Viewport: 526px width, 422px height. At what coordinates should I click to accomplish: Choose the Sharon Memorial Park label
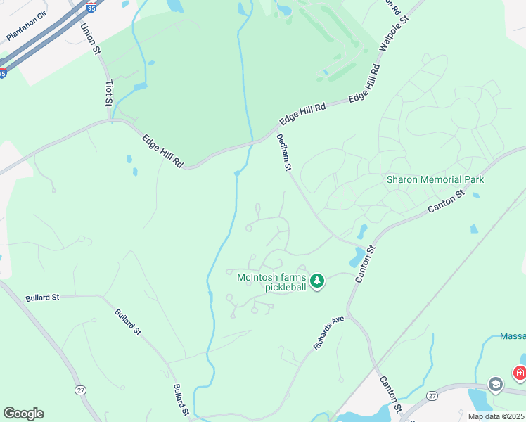click(435, 179)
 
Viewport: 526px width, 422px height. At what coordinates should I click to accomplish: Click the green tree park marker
click(317, 281)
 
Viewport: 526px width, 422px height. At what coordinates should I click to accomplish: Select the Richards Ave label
click(328, 333)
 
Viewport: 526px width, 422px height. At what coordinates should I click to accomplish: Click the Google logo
click(23, 414)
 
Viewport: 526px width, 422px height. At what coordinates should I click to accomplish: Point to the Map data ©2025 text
click(496, 416)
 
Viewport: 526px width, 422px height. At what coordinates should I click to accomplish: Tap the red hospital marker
click(520, 372)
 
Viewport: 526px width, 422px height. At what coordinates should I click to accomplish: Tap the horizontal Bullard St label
click(42, 298)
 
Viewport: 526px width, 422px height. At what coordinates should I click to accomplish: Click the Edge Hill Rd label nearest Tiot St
click(162, 151)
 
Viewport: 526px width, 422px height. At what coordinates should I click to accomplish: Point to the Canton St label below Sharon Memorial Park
click(447, 202)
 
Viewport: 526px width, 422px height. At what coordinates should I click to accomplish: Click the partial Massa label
click(513, 336)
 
